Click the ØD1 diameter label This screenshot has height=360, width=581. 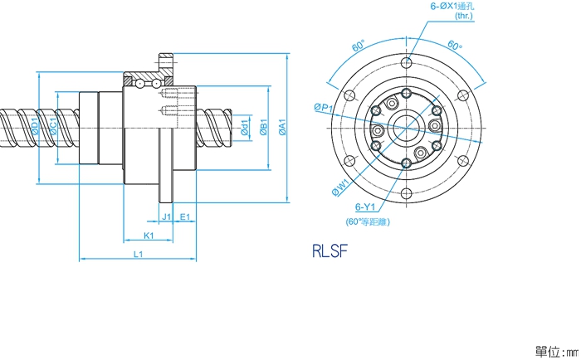pos(35,128)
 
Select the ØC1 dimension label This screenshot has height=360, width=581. pos(53,128)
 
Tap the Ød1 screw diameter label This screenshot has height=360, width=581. pos(245,128)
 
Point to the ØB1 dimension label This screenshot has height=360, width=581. pos(263,128)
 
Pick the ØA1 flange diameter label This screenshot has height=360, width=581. pos(283,128)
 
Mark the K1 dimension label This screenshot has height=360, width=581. pos(148,236)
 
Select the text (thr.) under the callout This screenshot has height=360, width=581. pos(464,16)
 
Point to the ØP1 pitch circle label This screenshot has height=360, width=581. pos(323,108)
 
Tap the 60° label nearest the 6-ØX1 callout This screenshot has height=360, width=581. pos(455,46)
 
